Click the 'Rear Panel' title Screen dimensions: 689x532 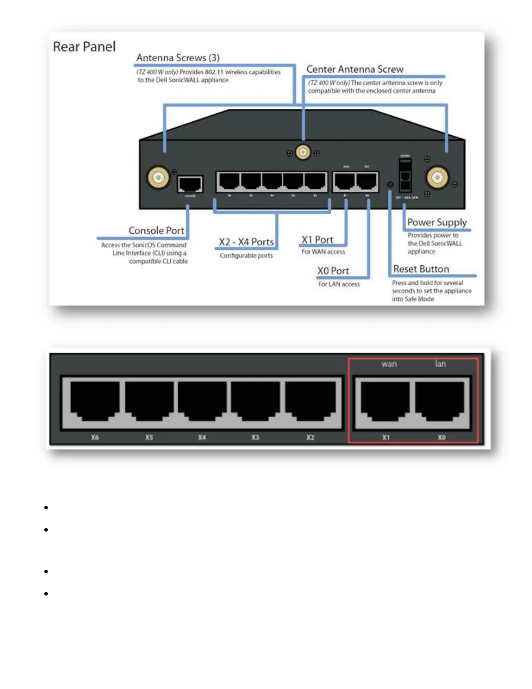[x=84, y=47]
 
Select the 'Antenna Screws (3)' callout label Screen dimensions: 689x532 [x=178, y=58]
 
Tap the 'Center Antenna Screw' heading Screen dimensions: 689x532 [x=355, y=69]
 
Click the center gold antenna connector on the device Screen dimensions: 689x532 [x=303, y=152]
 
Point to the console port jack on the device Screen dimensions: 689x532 [x=190, y=184]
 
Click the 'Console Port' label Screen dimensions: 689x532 [x=156, y=231]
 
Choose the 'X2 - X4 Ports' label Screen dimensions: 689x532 [x=246, y=242]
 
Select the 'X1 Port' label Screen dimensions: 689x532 [x=317, y=240]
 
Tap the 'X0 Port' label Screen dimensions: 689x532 [x=333, y=271]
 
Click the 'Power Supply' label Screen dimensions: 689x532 [x=437, y=222]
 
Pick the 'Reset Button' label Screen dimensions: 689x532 [x=421, y=269]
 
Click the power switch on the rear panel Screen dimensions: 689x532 [x=405, y=175]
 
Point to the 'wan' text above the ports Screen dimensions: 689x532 [x=389, y=364]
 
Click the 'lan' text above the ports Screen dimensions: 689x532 [x=440, y=364]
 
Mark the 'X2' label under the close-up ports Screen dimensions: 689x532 [x=310, y=438]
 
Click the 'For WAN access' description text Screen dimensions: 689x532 [x=323, y=252]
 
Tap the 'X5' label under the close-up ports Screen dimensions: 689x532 [x=149, y=438]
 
